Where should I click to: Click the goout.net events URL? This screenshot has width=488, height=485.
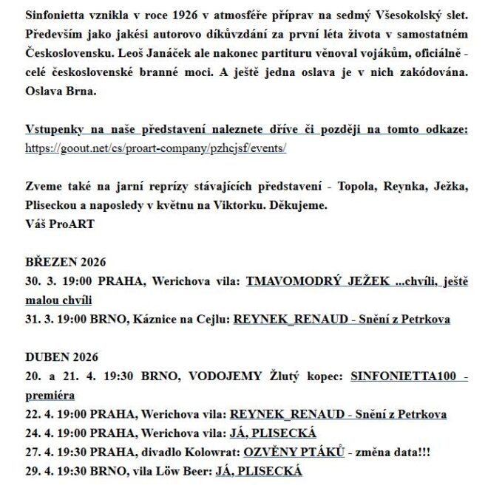click(x=155, y=148)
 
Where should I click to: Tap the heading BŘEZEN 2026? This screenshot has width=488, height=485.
click(x=66, y=262)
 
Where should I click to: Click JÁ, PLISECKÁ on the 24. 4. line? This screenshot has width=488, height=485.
click(x=273, y=433)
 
